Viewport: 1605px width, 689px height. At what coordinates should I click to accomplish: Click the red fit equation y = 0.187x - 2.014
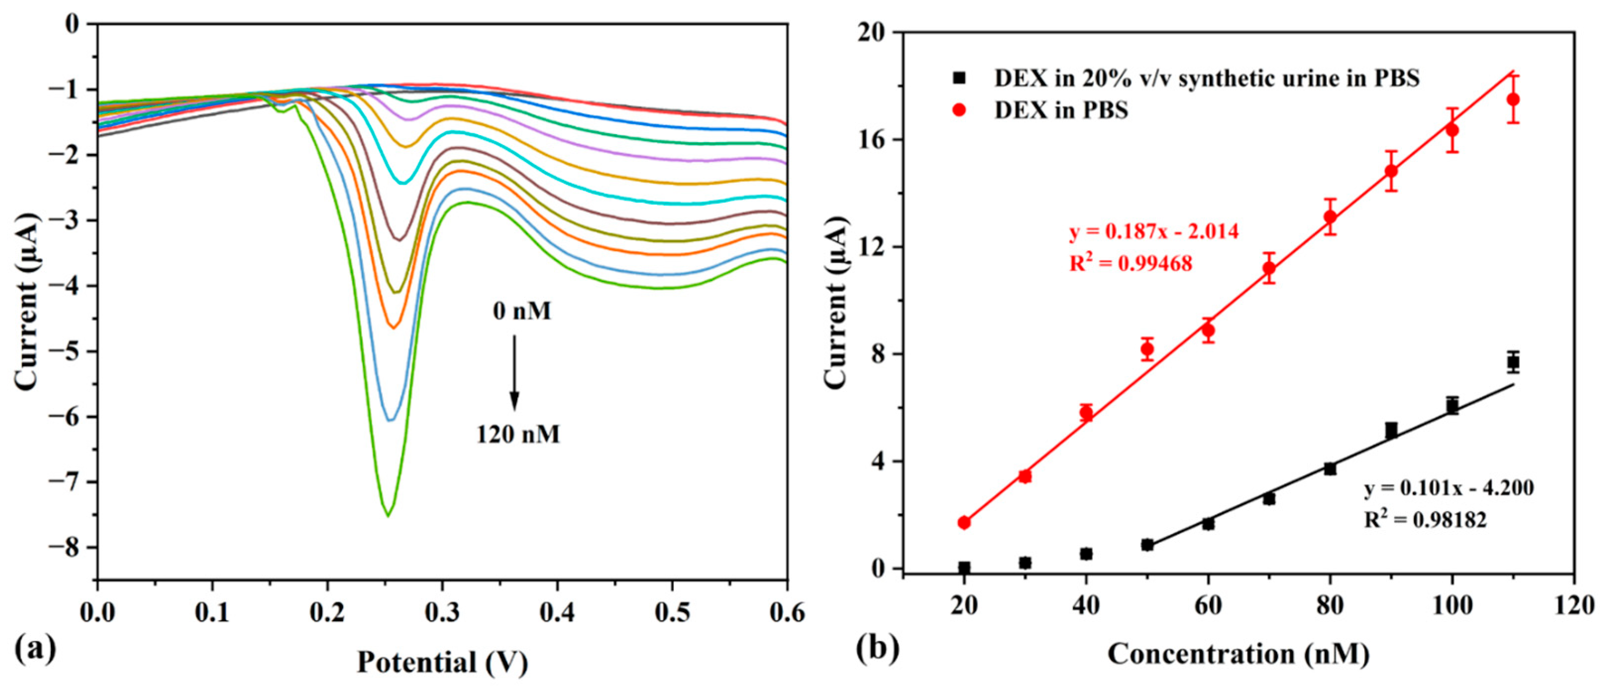click(1154, 232)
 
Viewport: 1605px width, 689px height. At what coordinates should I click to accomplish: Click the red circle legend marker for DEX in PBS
click(960, 110)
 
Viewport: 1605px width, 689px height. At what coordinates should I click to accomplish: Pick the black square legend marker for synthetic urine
click(960, 78)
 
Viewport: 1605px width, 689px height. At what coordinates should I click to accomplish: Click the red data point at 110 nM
click(1513, 100)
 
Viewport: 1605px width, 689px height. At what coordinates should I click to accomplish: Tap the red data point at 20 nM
click(964, 522)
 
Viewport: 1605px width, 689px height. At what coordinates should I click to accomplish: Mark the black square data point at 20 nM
click(964, 568)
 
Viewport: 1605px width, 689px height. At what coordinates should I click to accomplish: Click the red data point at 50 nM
click(1147, 350)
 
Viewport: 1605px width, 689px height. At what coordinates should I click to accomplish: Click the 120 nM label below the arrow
click(518, 434)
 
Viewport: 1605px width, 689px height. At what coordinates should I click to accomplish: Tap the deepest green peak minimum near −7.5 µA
click(388, 515)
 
